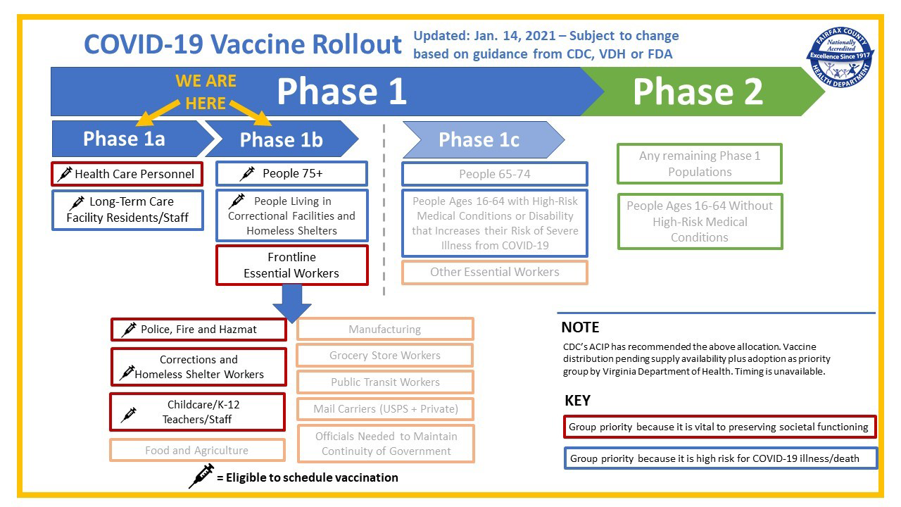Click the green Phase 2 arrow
[x=697, y=92]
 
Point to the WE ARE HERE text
[x=206, y=92]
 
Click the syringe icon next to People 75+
[x=247, y=173]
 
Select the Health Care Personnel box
[x=127, y=173]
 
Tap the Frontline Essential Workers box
[x=291, y=265]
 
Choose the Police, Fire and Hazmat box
[x=199, y=329]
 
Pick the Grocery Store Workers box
[x=384, y=355]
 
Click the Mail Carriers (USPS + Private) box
[x=385, y=408]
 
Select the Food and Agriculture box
[x=197, y=450]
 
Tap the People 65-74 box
[x=494, y=174]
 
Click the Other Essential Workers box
[x=494, y=272]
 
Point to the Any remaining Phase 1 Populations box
[x=699, y=163]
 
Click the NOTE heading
[x=580, y=327]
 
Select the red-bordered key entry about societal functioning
[x=720, y=427]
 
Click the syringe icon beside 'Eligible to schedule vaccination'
[x=201, y=476]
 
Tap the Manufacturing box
[x=384, y=329]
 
